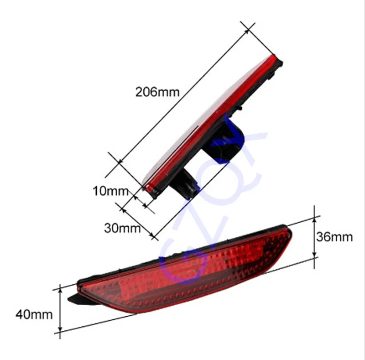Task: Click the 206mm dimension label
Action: point(157,92)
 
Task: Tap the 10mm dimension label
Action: point(110,191)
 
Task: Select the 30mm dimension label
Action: point(122,228)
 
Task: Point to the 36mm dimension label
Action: point(334,237)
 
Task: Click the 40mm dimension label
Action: point(34,315)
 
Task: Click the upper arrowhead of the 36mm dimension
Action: point(314,219)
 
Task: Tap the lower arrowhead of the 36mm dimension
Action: point(314,255)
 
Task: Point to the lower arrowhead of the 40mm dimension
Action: point(60,329)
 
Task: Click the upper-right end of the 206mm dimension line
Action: point(248,30)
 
